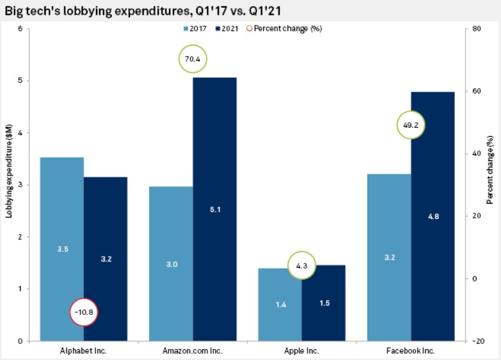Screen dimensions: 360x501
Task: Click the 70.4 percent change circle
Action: click(193, 59)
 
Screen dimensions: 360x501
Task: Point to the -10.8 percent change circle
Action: click(84, 312)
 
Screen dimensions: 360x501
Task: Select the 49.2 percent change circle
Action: click(411, 124)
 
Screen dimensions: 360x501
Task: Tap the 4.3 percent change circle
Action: click(302, 265)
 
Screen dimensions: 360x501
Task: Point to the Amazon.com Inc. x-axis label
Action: click(193, 351)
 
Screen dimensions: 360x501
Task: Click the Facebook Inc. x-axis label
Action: click(411, 351)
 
